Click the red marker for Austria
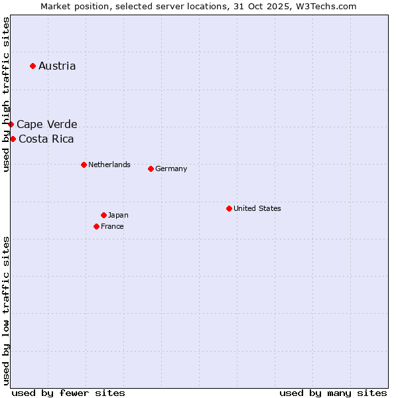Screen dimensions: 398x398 [x=33, y=66]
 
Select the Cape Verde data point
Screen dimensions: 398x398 [x=11, y=124]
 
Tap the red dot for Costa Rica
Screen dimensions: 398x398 [x=13, y=139]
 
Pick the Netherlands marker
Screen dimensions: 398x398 [x=84, y=165]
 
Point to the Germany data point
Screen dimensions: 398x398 [x=151, y=168]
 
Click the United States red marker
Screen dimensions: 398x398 [x=229, y=208]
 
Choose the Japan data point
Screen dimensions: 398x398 [x=103, y=215]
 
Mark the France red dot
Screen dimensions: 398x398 [x=96, y=226]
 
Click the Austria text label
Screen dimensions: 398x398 [x=57, y=66]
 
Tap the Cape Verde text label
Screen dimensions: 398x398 [x=46, y=124]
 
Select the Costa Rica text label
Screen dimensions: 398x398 [x=46, y=139]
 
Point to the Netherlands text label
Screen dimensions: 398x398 [x=109, y=165]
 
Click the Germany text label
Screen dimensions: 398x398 [x=171, y=168]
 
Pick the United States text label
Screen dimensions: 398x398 [x=257, y=208]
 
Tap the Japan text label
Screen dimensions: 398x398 [x=118, y=215]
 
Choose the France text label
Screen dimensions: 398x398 [x=112, y=226]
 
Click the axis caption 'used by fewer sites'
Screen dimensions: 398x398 [x=68, y=393]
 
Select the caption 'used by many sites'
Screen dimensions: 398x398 [x=333, y=393]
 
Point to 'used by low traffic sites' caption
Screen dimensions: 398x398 [x=6, y=310]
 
